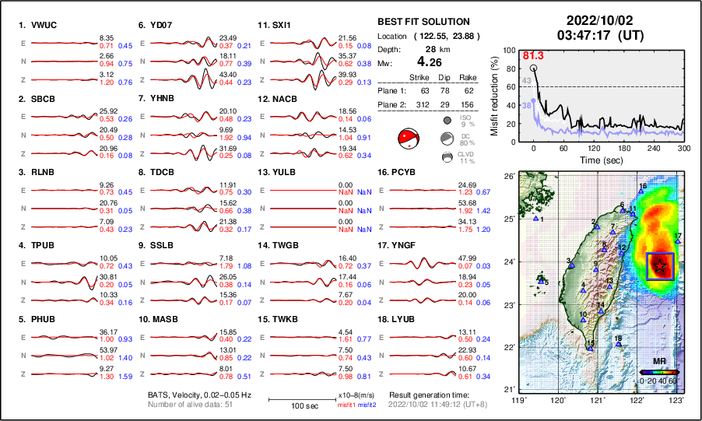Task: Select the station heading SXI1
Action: [281, 25]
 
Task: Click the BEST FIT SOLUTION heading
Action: [423, 22]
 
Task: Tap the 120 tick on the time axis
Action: [594, 147]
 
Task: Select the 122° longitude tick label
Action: [637, 400]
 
